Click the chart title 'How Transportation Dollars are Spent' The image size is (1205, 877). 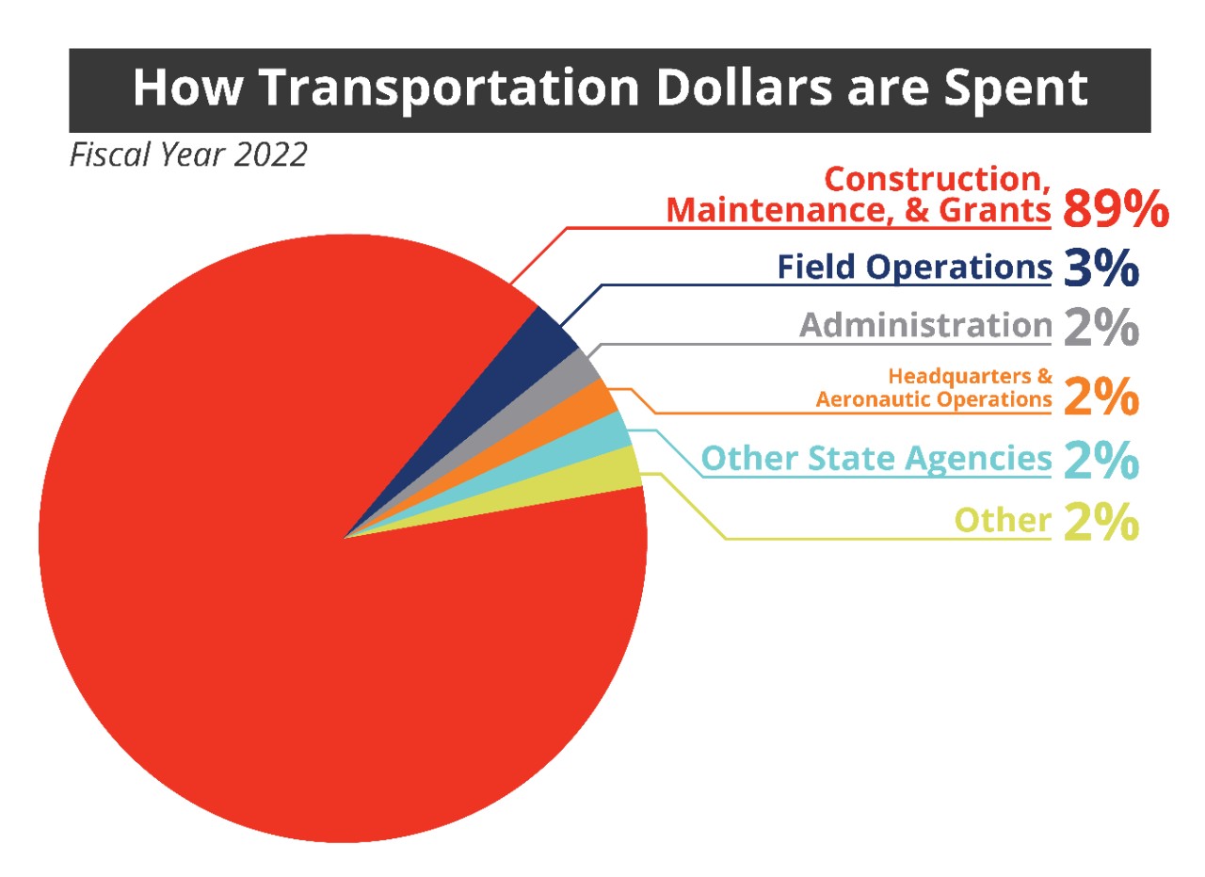611,89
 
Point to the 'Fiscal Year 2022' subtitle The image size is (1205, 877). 188,155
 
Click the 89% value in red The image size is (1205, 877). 1117,209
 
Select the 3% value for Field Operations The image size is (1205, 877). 1101,268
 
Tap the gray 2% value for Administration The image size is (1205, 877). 1101,327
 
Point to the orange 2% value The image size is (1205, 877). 1101,397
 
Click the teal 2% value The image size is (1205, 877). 1101,460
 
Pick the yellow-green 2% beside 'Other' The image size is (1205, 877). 1101,521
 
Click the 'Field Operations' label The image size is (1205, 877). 914,267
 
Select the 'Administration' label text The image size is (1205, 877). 925,325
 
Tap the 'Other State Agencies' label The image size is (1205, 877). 876,459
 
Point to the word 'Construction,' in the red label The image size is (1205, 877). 938,179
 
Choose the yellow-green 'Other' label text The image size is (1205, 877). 1004,520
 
